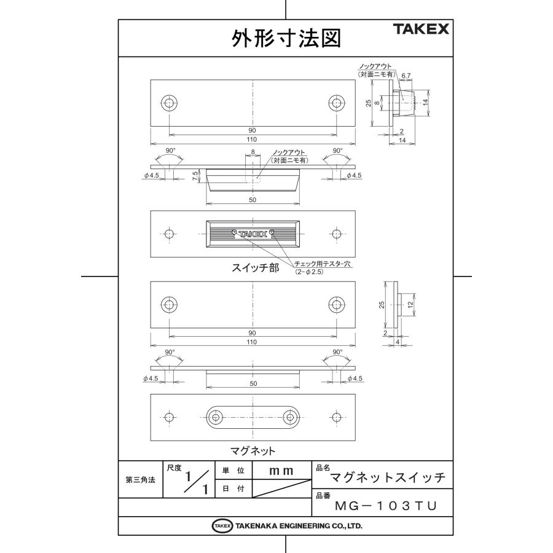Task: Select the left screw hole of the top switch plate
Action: [169, 103]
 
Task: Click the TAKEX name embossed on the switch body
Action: [253, 233]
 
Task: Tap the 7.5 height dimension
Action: [195, 176]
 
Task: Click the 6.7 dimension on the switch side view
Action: [406, 76]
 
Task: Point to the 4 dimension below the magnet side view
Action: [398, 342]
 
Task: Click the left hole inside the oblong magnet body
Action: [215, 417]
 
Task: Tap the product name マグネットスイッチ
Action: [388, 477]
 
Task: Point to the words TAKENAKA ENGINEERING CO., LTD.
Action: [297, 526]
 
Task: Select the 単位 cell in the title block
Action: [233, 471]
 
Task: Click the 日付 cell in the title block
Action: [233, 489]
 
